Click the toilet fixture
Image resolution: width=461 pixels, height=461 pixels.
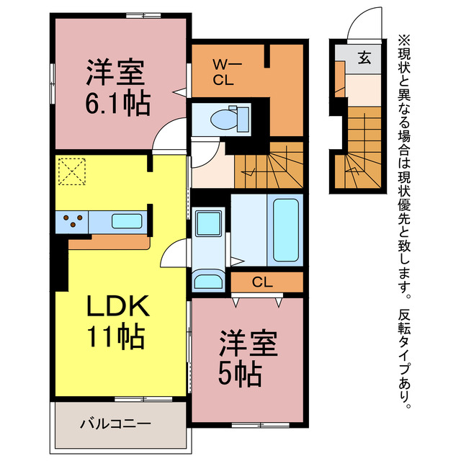click(230, 119)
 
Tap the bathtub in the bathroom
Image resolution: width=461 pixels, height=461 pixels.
click(286, 230)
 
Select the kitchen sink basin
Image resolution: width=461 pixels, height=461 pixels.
click(127, 221)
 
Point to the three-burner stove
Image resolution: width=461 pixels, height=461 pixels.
click(72, 221)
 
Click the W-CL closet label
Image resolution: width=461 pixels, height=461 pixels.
click(227, 72)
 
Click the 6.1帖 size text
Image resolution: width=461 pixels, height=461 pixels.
click(118, 104)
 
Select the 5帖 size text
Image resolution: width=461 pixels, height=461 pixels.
click(240, 375)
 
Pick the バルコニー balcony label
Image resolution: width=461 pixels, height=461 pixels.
click(115, 424)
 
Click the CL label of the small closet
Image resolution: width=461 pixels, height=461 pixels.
click(262, 282)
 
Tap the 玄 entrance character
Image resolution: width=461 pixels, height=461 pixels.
click(364, 58)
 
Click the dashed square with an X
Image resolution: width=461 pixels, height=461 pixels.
click(72, 171)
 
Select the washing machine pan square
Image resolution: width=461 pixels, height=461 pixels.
click(208, 223)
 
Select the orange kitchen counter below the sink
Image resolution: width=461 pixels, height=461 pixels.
click(109, 243)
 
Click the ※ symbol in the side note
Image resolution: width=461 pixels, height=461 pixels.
click(404, 40)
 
